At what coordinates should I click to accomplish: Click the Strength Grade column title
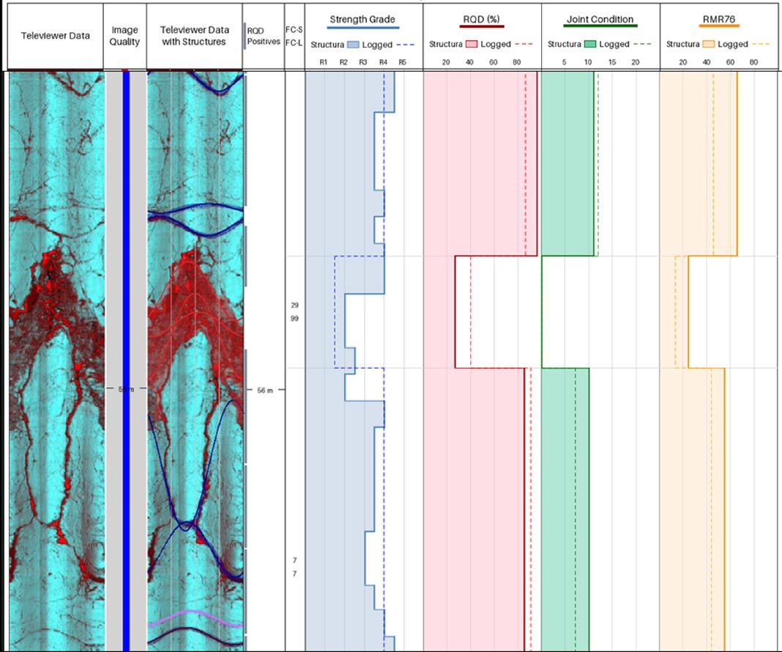(362, 19)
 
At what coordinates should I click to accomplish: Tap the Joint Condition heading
(600, 19)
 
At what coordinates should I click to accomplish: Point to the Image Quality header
(124, 36)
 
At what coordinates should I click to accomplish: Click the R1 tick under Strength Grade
(323, 62)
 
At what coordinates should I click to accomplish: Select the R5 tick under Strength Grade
(402, 62)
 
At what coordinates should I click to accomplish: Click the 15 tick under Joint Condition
(612, 62)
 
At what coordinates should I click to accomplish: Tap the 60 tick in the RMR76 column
(730, 62)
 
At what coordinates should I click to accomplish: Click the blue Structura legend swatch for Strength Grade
(353, 45)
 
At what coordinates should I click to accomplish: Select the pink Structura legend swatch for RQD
(472, 45)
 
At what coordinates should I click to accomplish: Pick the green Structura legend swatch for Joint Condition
(590, 45)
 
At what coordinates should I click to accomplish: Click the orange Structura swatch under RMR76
(709, 45)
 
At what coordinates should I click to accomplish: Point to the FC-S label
(294, 29)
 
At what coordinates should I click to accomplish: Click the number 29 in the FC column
(294, 305)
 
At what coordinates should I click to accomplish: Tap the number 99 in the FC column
(294, 318)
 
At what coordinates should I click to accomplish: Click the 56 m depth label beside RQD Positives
(264, 391)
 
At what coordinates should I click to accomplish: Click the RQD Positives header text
(264, 37)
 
